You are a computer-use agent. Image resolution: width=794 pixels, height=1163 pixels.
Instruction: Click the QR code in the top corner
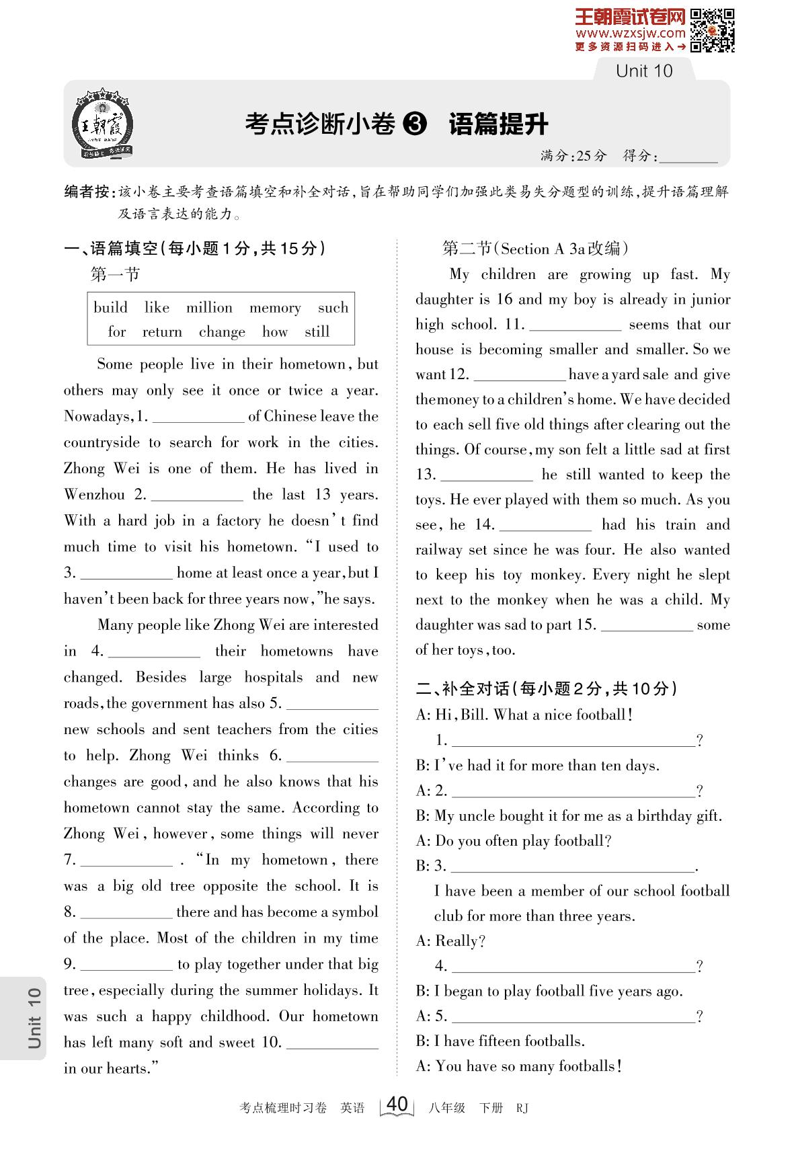click(x=713, y=30)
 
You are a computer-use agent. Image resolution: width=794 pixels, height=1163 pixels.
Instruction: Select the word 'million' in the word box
click(x=209, y=308)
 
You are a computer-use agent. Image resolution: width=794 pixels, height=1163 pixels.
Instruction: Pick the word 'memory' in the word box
click(x=275, y=309)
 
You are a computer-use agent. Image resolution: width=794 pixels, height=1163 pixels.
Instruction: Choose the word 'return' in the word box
click(x=162, y=332)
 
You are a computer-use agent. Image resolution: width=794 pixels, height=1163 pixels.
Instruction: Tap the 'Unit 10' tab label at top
click(x=643, y=71)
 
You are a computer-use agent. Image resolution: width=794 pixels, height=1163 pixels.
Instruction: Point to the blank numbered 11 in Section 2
click(x=575, y=325)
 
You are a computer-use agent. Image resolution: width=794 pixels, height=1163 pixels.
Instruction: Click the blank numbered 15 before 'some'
click(x=646, y=626)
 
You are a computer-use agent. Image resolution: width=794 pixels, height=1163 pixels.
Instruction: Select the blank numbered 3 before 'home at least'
click(x=126, y=573)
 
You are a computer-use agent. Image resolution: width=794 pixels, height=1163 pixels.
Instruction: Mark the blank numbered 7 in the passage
click(x=126, y=860)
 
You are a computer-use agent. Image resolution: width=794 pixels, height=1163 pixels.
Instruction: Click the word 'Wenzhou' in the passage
click(x=94, y=495)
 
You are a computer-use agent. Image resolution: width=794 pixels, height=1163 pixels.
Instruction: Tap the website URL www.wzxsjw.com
click(x=630, y=33)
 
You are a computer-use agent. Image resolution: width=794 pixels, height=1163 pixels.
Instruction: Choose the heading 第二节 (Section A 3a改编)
click(x=534, y=249)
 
